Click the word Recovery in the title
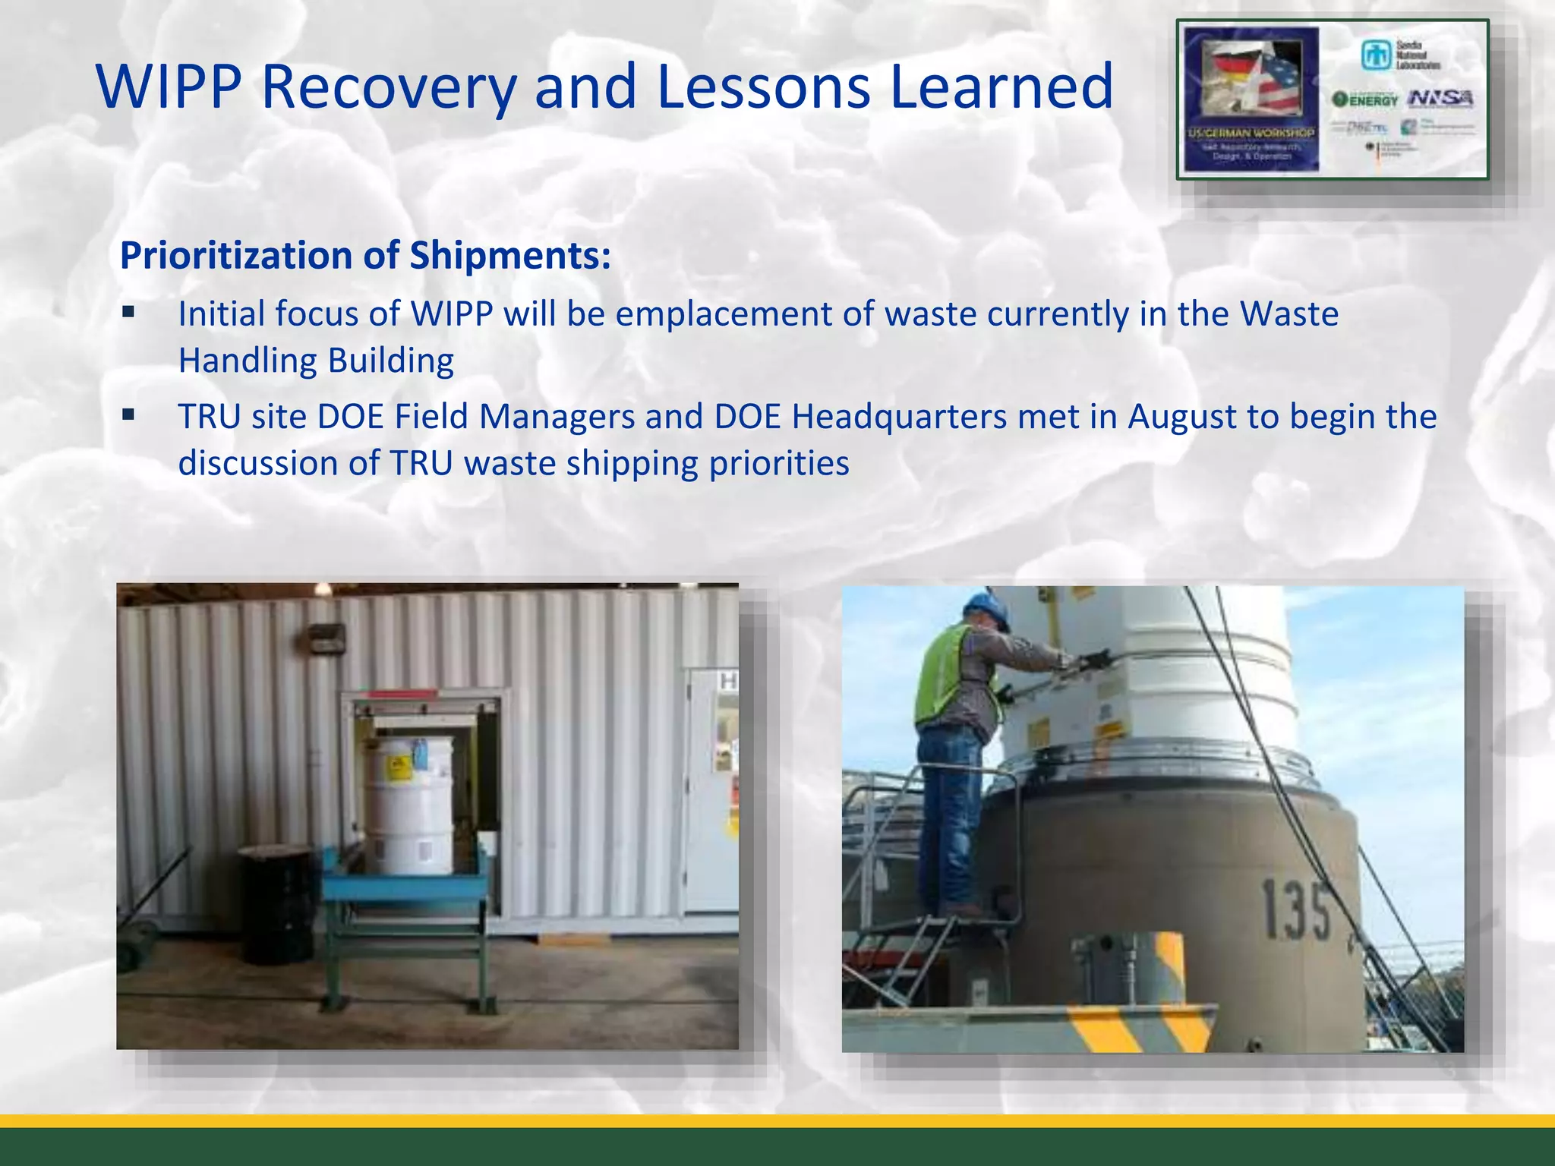coord(388,87)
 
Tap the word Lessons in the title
coord(763,87)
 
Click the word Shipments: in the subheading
coord(509,256)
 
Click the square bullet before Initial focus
coord(128,312)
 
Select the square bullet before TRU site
coord(128,414)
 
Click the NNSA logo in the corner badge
coord(1440,98)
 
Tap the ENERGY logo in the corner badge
coord(1365,99)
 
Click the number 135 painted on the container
coord(1295,909)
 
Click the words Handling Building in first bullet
coord(316,361)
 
